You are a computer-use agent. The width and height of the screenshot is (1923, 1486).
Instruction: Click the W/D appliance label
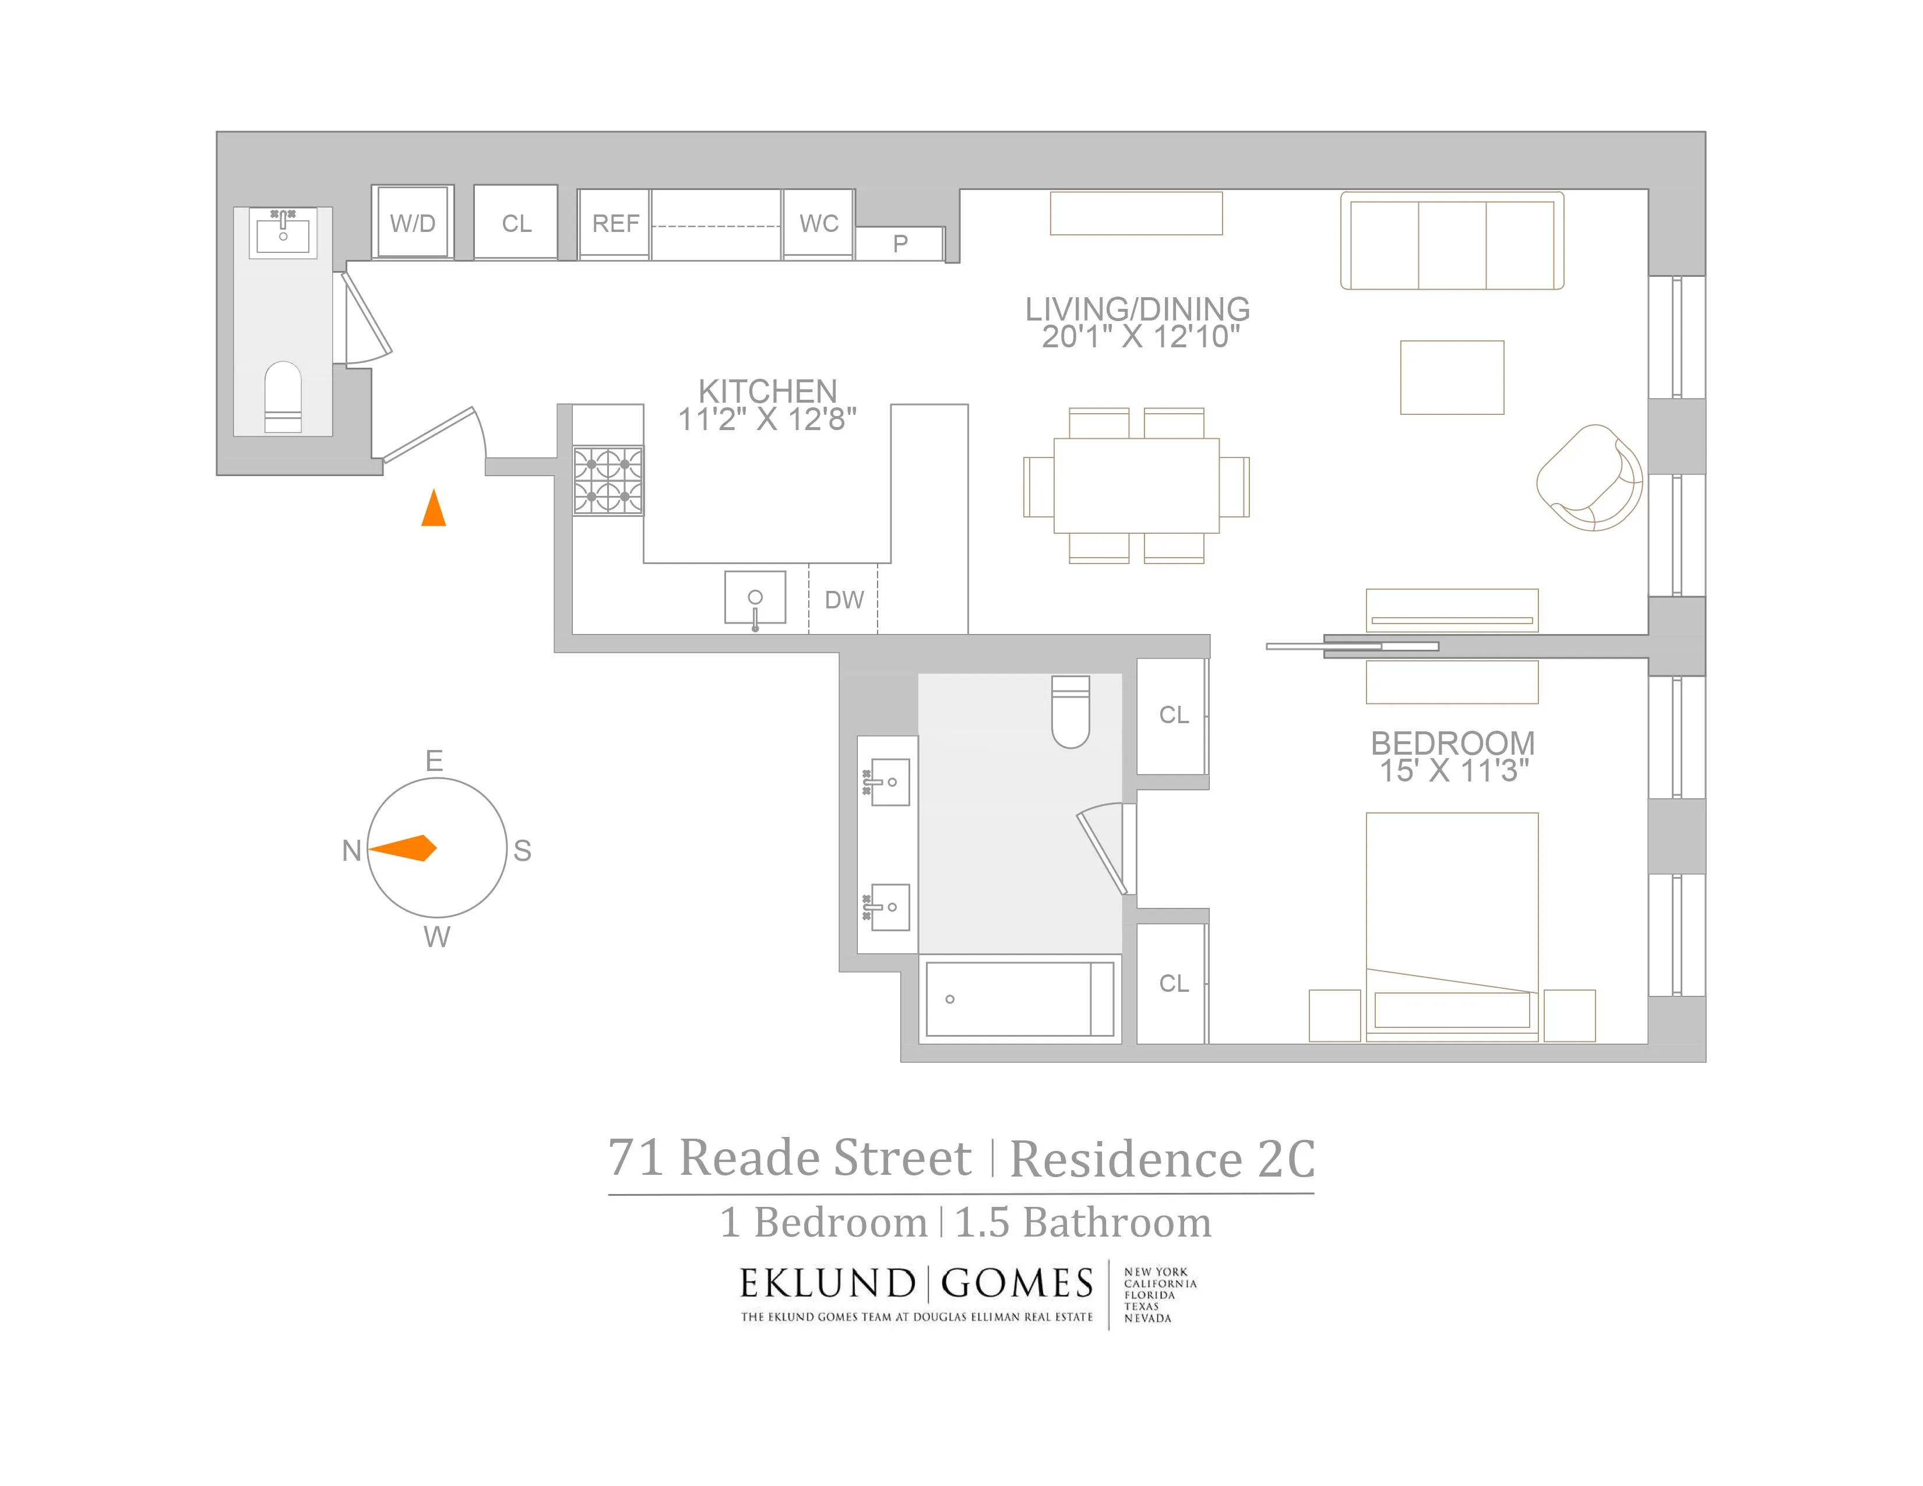click(x=412, y=224)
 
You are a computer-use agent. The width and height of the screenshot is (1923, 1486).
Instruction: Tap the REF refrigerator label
click(x=615, y=224)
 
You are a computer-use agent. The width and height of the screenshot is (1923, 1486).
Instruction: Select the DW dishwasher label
click(x=844, y=600)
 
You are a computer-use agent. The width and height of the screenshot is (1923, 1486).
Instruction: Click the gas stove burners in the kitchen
click(x=608, y=481)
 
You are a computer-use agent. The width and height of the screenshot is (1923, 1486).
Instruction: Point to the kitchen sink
click(x=755, y=598)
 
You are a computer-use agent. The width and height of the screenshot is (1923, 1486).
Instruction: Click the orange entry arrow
click(x=433, y=509)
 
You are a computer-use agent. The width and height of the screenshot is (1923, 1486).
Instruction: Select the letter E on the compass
click(x=434, y=760)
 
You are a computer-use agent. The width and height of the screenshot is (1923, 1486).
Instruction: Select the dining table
click(x=1136, y=485)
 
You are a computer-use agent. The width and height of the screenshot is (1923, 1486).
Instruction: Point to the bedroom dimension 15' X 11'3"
click(x=1453, y=771)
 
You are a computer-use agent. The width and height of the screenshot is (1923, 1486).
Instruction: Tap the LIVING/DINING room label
click(x=1137, y=309)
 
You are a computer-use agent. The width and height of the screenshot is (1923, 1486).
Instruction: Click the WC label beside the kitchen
click(x=818, y=224)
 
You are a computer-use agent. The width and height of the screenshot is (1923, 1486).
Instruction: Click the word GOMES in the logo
click(x=1017, y=1284)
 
